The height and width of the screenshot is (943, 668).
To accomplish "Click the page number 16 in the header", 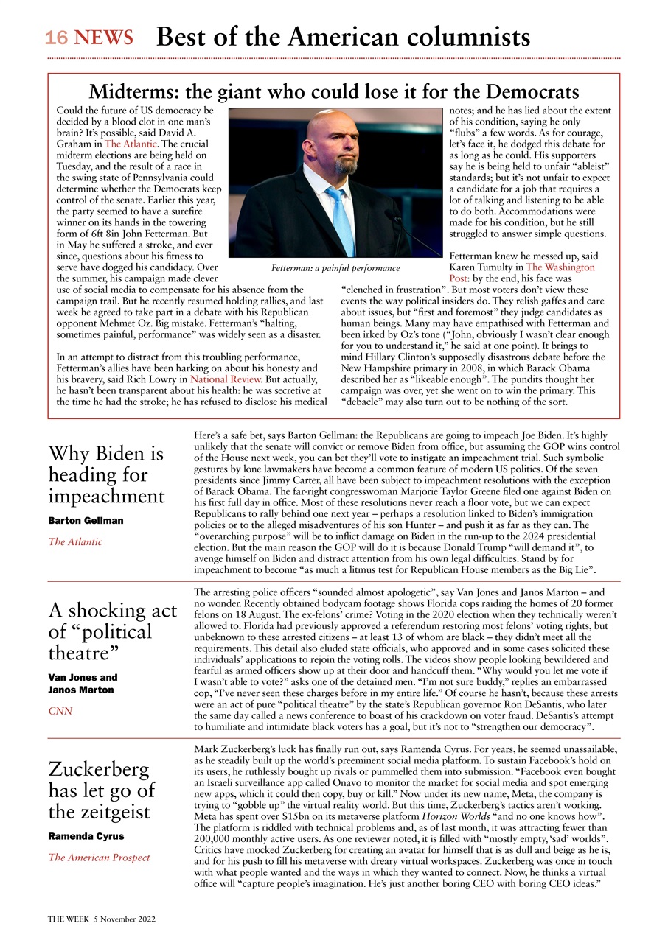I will click(56, 38).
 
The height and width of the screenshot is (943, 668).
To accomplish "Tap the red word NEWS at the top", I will click(104, 38).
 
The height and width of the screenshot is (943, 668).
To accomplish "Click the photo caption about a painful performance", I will click(335, 268).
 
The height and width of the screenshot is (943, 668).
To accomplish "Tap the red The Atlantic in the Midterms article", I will click(130, 144).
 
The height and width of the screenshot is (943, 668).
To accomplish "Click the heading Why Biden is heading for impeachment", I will click(106, 474).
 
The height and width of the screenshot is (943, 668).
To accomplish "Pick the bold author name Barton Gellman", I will click(86, 520).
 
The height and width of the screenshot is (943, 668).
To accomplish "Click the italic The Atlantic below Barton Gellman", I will click(75, 541).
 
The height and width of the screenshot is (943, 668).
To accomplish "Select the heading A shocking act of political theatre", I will click(112, 631).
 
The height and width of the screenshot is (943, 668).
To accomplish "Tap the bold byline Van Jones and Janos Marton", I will click(83, 684).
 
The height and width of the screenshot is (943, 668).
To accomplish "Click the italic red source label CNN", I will click(60, 711).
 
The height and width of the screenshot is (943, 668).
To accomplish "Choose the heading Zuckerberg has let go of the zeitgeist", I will click(102, 790).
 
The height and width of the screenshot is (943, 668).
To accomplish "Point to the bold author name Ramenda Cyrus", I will click(86, 836).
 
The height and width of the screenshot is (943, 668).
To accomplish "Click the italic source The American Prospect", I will click(99, 858).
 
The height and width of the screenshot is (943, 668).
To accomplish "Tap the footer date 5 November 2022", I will click(125, 919).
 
